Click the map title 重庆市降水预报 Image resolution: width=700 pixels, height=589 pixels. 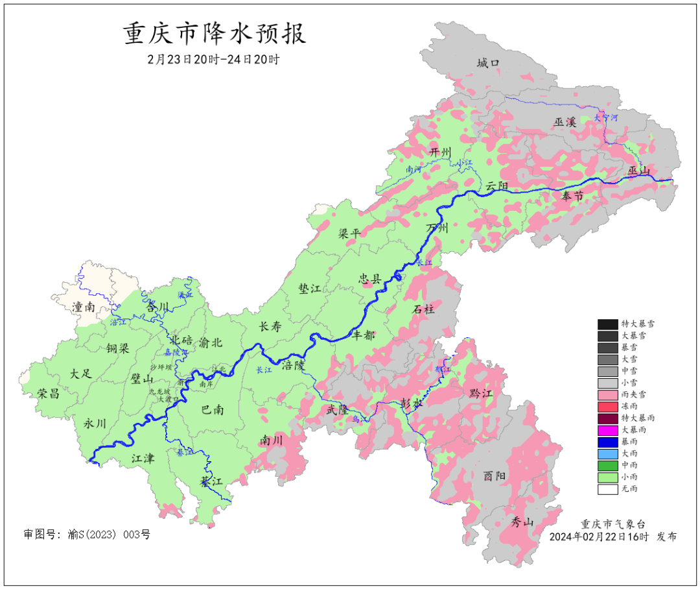[215, 34]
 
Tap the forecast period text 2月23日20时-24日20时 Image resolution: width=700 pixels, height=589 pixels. [214, 60]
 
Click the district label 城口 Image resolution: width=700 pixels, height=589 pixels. [488, 63]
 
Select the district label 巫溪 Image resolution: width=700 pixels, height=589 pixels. [565, 122]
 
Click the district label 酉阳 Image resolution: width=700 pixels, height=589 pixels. [495, 475]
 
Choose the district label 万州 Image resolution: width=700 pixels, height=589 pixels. [437, 229]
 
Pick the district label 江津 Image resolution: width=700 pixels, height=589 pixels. [143, 459]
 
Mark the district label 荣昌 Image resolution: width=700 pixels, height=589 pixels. [48, 393]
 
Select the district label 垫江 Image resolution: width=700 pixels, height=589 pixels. [310, 289]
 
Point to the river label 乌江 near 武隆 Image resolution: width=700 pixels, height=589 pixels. [358, 420]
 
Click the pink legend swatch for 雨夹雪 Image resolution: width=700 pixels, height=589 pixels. [607, 394]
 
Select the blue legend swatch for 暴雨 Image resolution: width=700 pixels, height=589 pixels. [607, 442]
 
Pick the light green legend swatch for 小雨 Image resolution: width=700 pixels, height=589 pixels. [607, 477]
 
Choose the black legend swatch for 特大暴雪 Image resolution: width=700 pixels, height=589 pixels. [607, 324]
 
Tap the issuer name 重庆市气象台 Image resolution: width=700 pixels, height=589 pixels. [612, 524]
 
